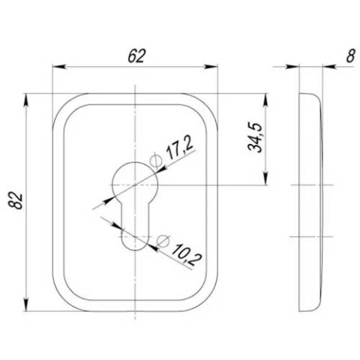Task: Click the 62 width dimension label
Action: (x=136, y=56)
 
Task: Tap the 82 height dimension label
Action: (x=16, y=200)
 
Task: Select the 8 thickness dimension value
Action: (x=350, y=56)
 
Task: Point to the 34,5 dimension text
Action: (x=255, y=137)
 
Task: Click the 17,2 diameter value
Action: (x=181, y=149)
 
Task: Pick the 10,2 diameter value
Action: (x=187, y=255)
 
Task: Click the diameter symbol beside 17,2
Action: (x=156, y=160)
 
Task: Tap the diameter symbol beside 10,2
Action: (x=163, y=241)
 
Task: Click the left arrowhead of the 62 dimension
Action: (x=59, y=67)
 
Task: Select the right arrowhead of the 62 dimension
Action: (x=211, y=67)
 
